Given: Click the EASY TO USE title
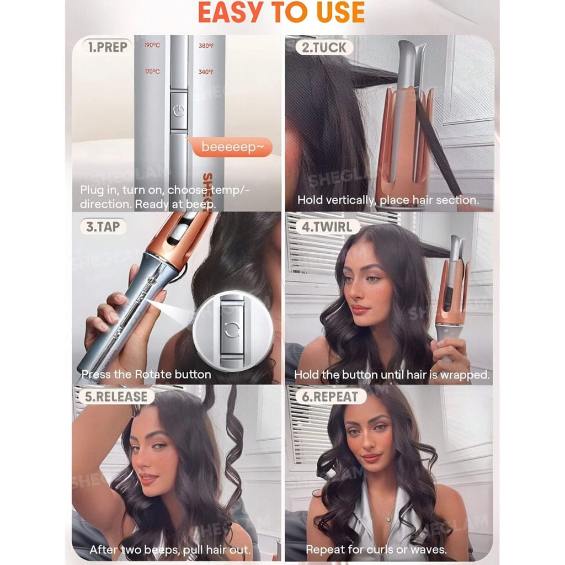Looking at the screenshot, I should pyautogui.click(x=281, y=13).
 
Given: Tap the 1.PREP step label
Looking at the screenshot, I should pyautogui.click(x=108, y=47).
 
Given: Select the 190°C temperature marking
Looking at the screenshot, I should pyautogui.click(x=152, y=46).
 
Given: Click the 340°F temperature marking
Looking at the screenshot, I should pyautogui.click(x=206, y=72).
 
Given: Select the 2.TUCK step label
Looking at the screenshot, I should pyautogui.click(x=324, y=47).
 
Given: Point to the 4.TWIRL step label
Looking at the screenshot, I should pyautogui.click(x=327, y=226).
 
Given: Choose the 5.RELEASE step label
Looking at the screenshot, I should pyautogui.click(x=116, y=396).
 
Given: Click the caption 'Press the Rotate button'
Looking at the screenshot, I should pyautogui.click(x=146, y=374).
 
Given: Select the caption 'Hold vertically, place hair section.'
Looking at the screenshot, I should pyautogui.click(x=388, y=200).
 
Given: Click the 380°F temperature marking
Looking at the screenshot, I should pyautogui.click(x=206, y=46).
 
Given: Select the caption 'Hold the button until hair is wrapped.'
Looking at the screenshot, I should pyautogui.click(x=392, y=375).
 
